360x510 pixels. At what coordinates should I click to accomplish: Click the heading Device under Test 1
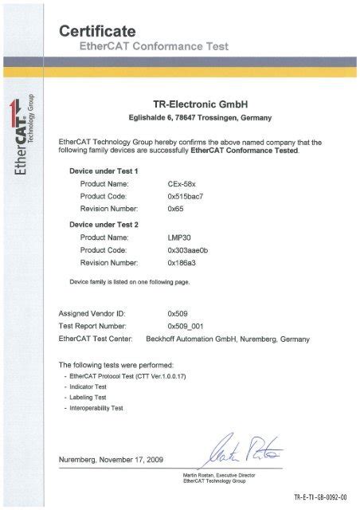coord(104,171)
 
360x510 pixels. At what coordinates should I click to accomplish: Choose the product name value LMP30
coord(178,237)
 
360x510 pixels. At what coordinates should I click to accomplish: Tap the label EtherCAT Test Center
coord(99,339)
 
